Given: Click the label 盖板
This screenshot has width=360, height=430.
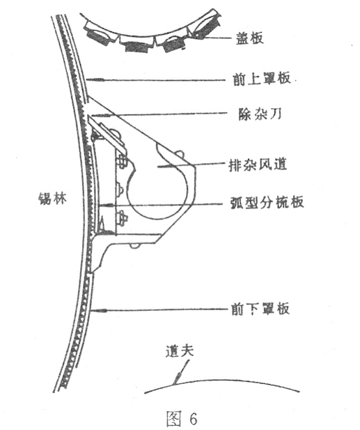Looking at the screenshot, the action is coord(250,38).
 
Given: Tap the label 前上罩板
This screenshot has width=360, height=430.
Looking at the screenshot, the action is coord(262,78).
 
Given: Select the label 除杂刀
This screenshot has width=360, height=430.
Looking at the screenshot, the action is coord(260,114).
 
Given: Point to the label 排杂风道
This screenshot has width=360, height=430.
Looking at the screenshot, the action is coord(258,165).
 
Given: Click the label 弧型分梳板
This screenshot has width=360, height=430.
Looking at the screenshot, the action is coord(267,203).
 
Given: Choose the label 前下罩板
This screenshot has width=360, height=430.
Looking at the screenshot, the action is coord(260,309).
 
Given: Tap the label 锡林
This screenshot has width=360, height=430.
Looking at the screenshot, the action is coord(52,198).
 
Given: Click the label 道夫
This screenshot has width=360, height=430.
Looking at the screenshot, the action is coord(179,351).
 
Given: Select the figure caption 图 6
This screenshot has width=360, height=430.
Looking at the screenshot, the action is coord(182,418).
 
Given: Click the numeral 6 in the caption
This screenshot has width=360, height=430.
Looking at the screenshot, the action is coord(193,418).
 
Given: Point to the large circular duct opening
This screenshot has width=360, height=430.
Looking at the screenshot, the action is coord(157,190).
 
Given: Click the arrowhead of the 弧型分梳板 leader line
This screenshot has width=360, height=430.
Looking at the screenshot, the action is coord(106,205).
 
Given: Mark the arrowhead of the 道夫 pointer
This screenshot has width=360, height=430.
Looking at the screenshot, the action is coord(177,378).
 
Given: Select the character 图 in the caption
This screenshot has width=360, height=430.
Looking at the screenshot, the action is coord(174,418).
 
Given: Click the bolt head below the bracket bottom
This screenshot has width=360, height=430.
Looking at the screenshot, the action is coord(134,245).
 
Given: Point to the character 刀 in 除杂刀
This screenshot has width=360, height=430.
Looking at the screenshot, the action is coord(276,114).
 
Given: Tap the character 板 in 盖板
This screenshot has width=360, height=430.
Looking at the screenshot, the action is coord(257,38).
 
